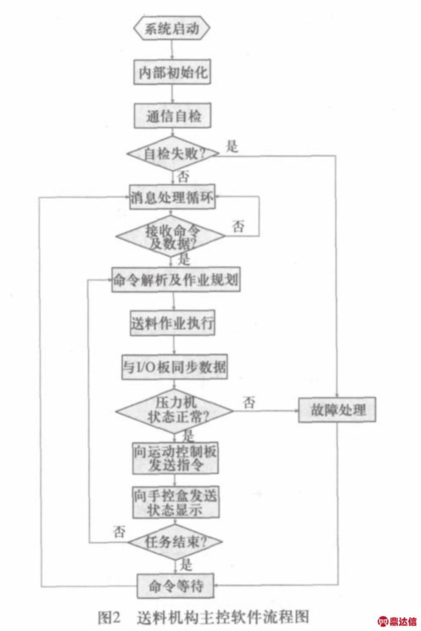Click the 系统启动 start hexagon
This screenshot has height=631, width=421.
click(x=171, y=29)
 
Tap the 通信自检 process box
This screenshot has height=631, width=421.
click(x=172, y=116)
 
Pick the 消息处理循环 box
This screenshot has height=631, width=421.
click(x=172, y=198)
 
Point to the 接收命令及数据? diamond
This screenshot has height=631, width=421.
click(x=171, y=238)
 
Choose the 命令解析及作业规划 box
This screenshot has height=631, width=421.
click(x=176, y=280)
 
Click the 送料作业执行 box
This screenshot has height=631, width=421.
click(x=172, y=324)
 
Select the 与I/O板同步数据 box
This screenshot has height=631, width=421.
click(x=174, y=367)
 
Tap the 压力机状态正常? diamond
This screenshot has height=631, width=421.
click(x=174, y=410)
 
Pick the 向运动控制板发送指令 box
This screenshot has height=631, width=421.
click(x=175, y=458)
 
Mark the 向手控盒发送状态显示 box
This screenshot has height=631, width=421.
click(x=175, y=502)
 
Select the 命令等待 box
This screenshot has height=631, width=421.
click(x=175, y=586)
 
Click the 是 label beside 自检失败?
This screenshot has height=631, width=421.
click(x=232, y=147)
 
